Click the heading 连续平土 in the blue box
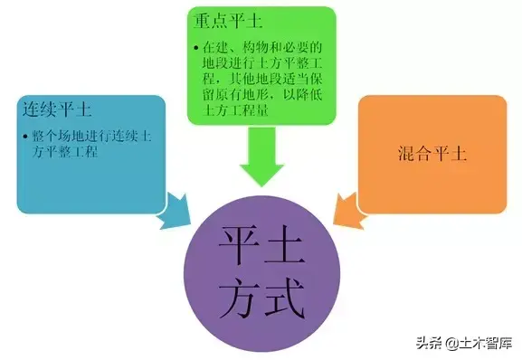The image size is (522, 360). (57, 109)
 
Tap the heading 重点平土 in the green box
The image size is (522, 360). (228, 20)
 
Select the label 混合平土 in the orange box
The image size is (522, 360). (432, 154)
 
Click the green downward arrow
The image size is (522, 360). (261, 156)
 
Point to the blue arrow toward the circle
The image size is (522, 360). (173, 210)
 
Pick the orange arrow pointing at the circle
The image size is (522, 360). (349, 212)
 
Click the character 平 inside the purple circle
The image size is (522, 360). (240, 245)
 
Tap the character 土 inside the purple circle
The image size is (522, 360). (285, 245)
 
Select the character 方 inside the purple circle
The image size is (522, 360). (240, 298)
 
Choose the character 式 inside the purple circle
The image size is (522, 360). (285, 298)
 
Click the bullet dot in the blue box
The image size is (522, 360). (25, 137)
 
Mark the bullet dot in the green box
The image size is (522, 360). (196, 48)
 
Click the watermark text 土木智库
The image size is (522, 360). (486, 343)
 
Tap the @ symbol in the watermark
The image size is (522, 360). (452, 344)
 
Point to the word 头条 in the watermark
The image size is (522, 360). (429, 343)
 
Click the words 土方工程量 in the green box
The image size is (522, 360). (236, 109)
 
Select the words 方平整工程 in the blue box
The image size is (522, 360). (65, 152)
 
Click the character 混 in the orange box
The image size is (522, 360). (406, 154)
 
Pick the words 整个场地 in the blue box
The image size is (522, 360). (58, 136)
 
